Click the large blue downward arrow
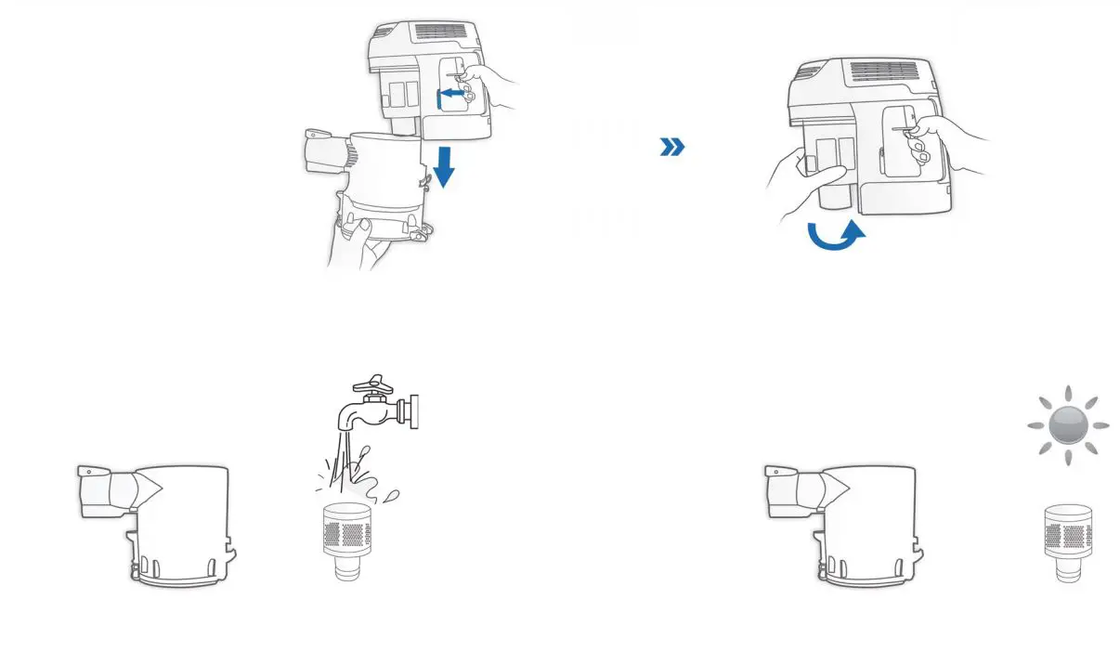point(444,166)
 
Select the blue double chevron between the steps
point(672,147)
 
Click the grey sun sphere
point(1068,425)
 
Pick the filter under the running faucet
point(345,540)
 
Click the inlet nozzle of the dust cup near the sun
point(797,489)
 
